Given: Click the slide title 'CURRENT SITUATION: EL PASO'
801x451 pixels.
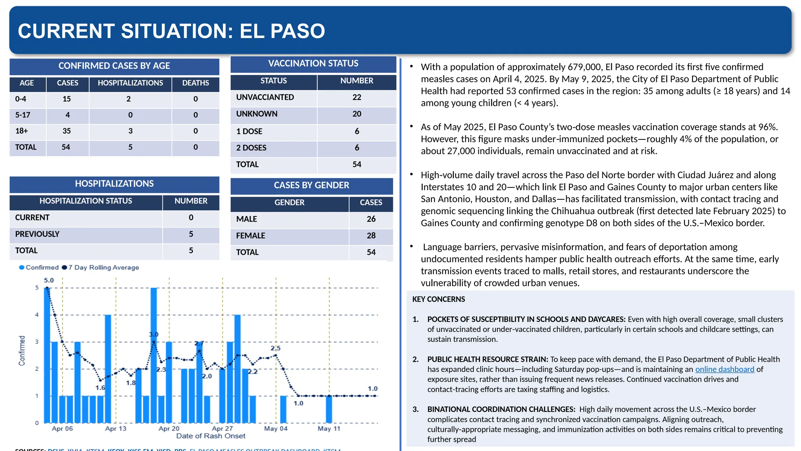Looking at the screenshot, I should click(171, 31).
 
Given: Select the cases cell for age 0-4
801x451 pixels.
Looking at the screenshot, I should click(67, 99).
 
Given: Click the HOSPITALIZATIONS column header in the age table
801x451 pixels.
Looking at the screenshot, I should click(130, 83).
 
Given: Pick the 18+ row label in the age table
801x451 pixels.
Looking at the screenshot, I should click(22, 131).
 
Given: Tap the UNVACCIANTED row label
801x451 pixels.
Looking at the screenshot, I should click(265, 97).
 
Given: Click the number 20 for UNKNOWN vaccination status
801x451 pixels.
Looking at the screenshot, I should click(356, 114).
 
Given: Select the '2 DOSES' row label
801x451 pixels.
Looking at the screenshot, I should click(251, 148).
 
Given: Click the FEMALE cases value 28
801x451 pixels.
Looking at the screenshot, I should click(371, 236).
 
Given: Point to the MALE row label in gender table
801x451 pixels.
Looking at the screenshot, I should click(246, 219).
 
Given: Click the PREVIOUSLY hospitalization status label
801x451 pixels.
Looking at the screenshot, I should click(37, 234).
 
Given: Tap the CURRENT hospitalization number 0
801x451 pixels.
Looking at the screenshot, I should click(191, 218).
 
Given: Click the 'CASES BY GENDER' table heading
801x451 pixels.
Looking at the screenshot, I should click(311, 186).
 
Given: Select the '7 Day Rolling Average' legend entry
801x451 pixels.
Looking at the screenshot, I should click(103, 267).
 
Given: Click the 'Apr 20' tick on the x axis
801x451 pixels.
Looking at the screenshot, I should click(169, 429).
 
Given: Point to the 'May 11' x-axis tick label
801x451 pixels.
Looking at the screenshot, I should click(329, 429).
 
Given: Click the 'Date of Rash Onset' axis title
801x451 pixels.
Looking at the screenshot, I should click(210, 436).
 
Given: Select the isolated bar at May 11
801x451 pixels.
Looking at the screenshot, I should click(329, 409).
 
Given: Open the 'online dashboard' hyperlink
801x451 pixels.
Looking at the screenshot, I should click(724, 369).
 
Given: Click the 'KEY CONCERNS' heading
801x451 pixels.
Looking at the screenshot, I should click(438, 299).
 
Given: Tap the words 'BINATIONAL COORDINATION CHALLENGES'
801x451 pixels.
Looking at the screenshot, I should click(501, 410).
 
